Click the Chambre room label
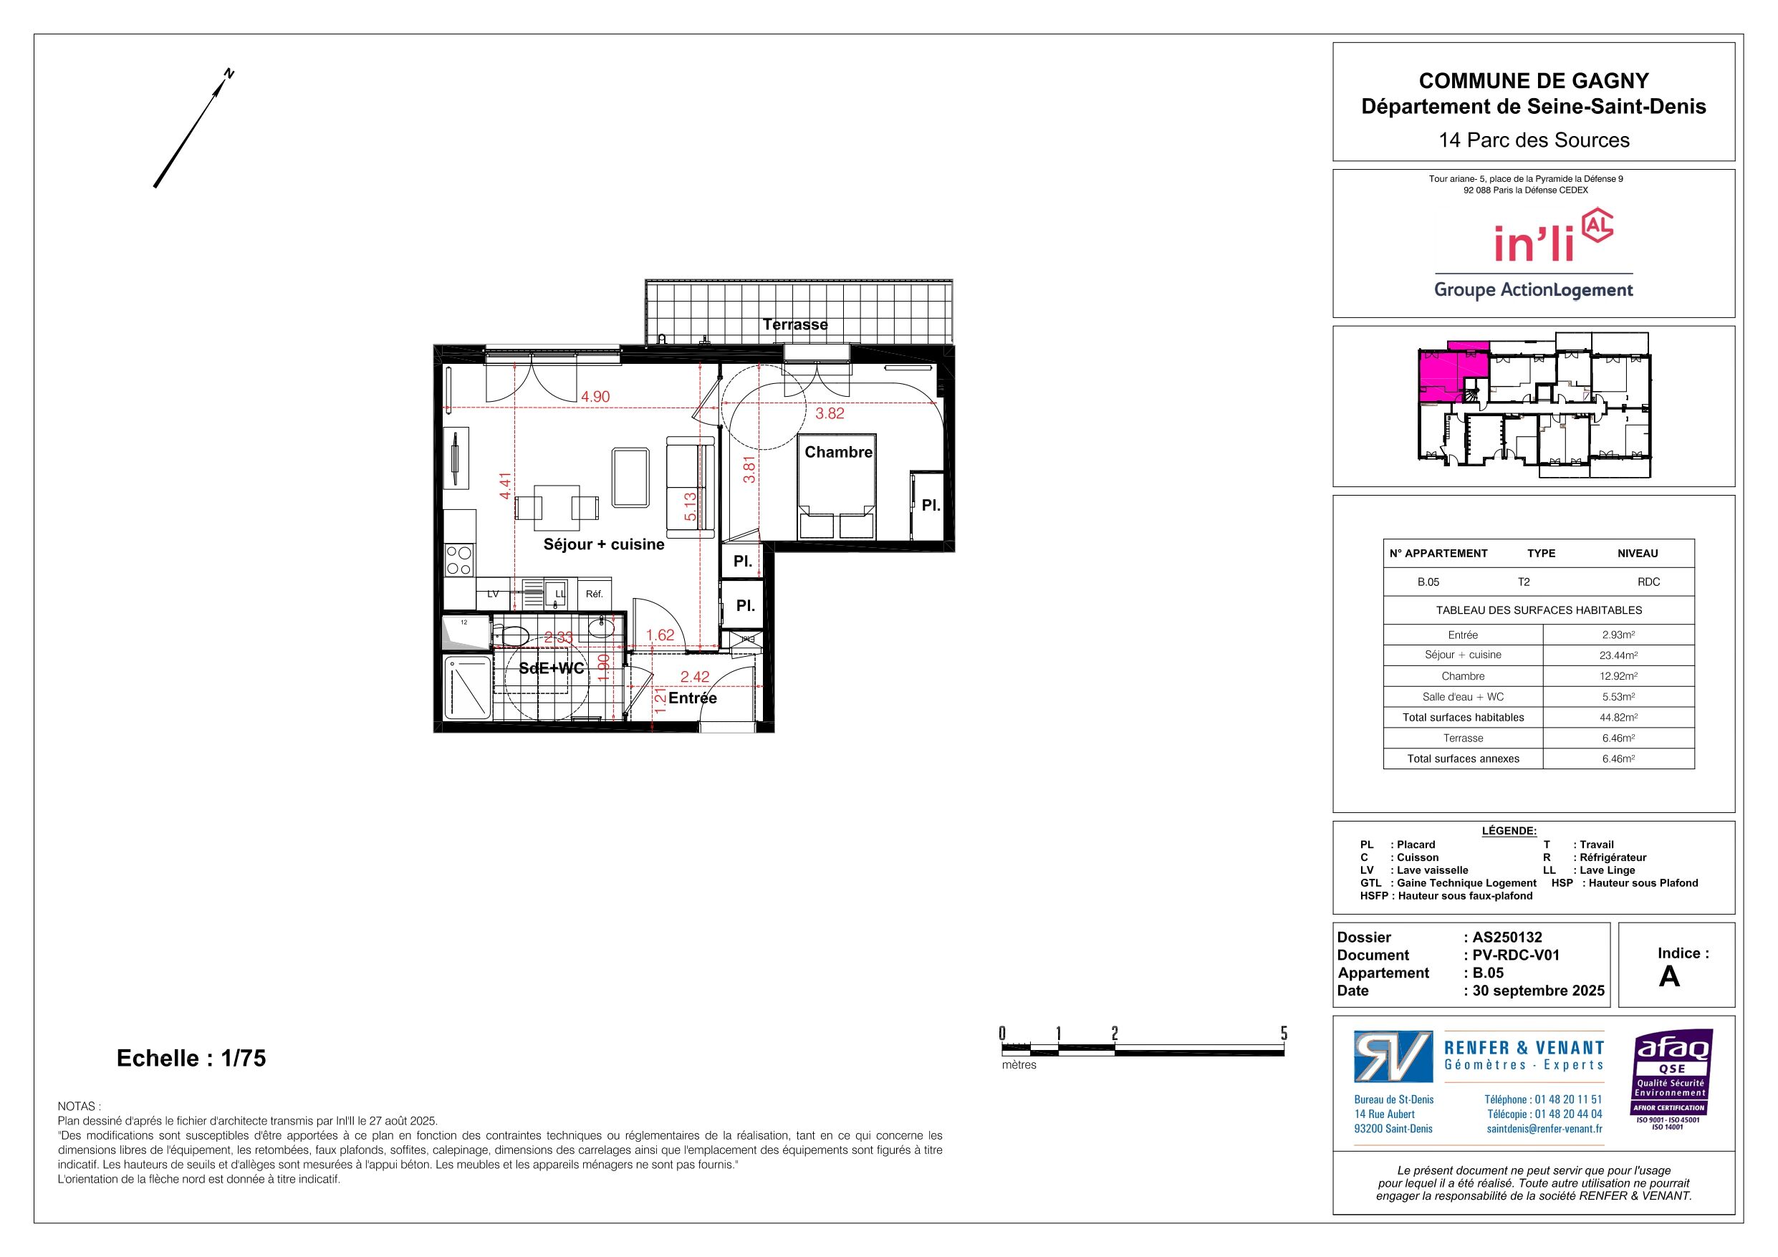click(x=838, y=452)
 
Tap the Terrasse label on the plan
click(x=794, y=324)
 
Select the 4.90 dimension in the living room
click(x=595, y=397)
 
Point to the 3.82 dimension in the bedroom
click(x=830, y=413)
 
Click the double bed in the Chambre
click(x=837, y=486)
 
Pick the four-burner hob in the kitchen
click(x=459, y=561)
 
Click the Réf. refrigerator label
click(x=594, y=594)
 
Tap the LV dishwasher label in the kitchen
click(x=493, y=594)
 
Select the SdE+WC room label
click(x=552, y=668)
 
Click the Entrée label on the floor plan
click(x=692, y=698)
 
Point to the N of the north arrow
click(x=229, y=74)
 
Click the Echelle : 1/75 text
click(x=191, y=1058)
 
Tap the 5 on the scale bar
click(x=1283, y=1033)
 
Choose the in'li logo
click(x=1533, y=254)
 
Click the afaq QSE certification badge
click(x=1673, y=1079)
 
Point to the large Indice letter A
click(x=1670, y=977)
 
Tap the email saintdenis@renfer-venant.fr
click(x=1545, y=1128)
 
